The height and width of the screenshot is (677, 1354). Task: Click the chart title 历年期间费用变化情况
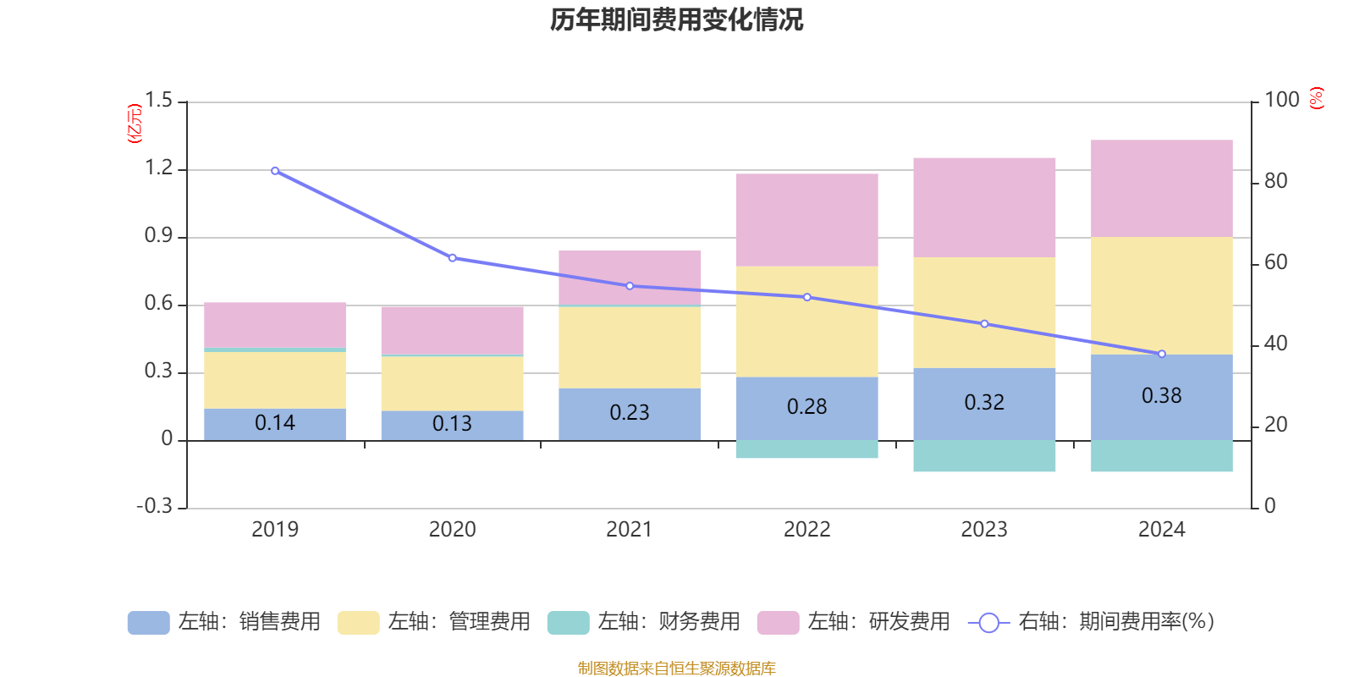tap(676, 19)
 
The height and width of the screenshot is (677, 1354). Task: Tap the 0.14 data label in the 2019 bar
tap(275, 422)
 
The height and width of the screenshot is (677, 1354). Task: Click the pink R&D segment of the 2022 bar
tap(806, 220)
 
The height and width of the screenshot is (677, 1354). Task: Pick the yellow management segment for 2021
tap(630, 347)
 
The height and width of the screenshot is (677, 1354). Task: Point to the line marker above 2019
tap(275, 171)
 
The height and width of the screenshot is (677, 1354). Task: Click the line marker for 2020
tap(452, 258)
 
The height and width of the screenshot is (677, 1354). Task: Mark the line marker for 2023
tap(984, 324)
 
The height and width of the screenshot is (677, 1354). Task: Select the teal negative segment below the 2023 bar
tap(984, 456)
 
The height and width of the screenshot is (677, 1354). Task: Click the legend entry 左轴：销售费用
tap(224, 622)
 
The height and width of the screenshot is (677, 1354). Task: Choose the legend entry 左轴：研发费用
tap(854, 622)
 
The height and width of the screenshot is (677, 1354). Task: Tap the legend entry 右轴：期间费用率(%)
tap(1091, 622)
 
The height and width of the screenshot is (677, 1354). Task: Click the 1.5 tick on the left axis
tap(158, 101)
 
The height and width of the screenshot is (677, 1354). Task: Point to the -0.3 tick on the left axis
tap(154, 506)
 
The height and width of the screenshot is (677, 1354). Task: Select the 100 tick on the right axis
tap(1281, 100)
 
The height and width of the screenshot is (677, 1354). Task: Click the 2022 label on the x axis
tap(806, 530)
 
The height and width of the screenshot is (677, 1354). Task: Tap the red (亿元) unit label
tap(134, 124)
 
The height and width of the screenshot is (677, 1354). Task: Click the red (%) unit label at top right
tap(1316, 98)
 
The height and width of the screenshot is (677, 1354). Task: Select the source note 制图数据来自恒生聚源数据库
tap(676, 669)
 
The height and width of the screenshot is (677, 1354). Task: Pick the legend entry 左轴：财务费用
tap(644, 622)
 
